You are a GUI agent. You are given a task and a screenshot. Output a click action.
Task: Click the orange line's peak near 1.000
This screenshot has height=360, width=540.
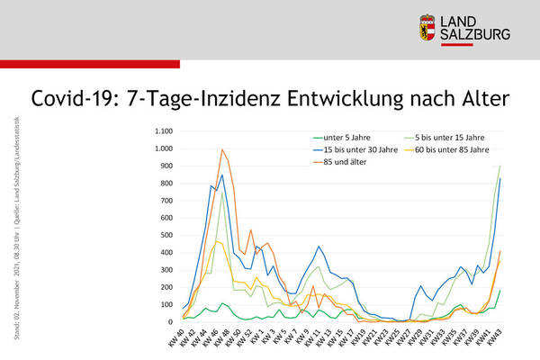click(222, 150)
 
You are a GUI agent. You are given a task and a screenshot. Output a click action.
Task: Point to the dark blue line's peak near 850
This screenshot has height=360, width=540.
click(222, 175)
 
